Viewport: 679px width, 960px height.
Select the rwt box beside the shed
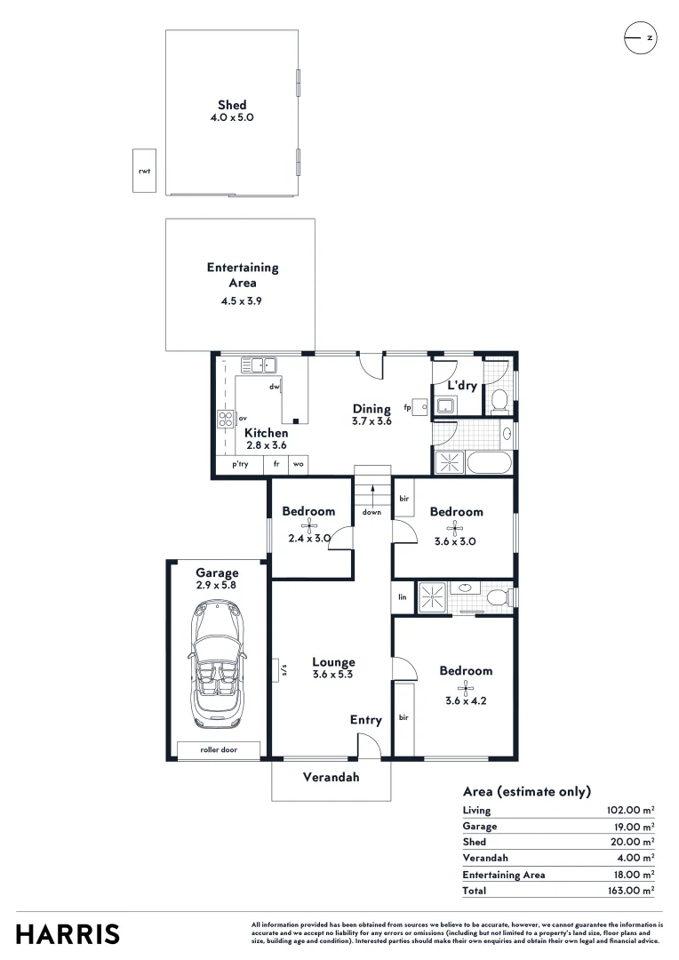click(x=144, y=171)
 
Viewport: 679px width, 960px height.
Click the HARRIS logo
click(x=68, y=934)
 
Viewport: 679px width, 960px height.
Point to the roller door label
click(x=219, y=750)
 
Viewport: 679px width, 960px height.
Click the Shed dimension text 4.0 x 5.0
click(x=232, y=117)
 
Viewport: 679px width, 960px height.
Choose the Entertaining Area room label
click(x=243, y=275)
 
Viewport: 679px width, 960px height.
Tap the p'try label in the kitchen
click(x=240, y=464)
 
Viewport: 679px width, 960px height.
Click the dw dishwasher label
click(x=275, y=387)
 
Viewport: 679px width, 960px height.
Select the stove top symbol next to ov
click(x=226, y=419)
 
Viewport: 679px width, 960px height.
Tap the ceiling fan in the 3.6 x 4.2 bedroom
click(x=465, y=686)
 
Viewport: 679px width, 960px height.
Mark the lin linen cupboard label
click(x=403, y=596)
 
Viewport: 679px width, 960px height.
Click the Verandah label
click(x=331, y=777)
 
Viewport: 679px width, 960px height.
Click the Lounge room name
click(x=333, y=662)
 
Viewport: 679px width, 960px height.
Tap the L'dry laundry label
click(x=462, y=386)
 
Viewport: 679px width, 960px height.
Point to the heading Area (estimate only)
click(x=526, y=791)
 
